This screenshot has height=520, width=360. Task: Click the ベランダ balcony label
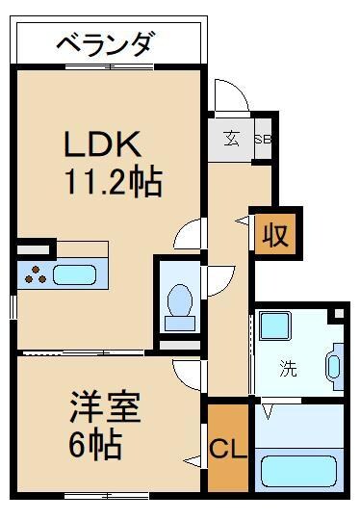tap(105, 44)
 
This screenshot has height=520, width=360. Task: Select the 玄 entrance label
tap(233, 136)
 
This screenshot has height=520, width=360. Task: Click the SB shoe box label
tap(262, 137)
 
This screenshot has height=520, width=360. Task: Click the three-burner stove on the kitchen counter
tap(37, 273)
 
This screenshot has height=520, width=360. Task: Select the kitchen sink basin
tap(74, 273)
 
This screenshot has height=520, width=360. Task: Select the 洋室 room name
tap(105, 407)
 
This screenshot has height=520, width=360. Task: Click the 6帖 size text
tap(94, 445)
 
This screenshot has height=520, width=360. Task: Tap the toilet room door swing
tap(218, 280)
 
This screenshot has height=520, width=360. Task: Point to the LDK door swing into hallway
tap(191, 234)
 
